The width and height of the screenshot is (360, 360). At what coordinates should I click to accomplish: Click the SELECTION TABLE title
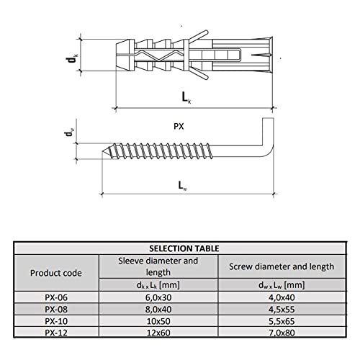coord(184,248)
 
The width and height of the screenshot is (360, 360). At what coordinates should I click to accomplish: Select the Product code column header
coord(56,273)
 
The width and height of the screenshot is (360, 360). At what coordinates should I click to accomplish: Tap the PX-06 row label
coord(56,297)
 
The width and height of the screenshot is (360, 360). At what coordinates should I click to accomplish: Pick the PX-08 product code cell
coord(56,310)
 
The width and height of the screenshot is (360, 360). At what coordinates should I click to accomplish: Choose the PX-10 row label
coord(56,321)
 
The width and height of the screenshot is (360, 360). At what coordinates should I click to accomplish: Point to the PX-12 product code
coord(56,333)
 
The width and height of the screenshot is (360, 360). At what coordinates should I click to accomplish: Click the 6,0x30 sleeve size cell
coord(158,297)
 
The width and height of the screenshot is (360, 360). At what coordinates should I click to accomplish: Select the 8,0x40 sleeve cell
coord(158,310)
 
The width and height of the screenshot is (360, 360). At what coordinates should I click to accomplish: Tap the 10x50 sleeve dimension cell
coord(158,321)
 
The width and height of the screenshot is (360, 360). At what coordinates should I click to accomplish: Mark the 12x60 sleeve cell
coord(158,333)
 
